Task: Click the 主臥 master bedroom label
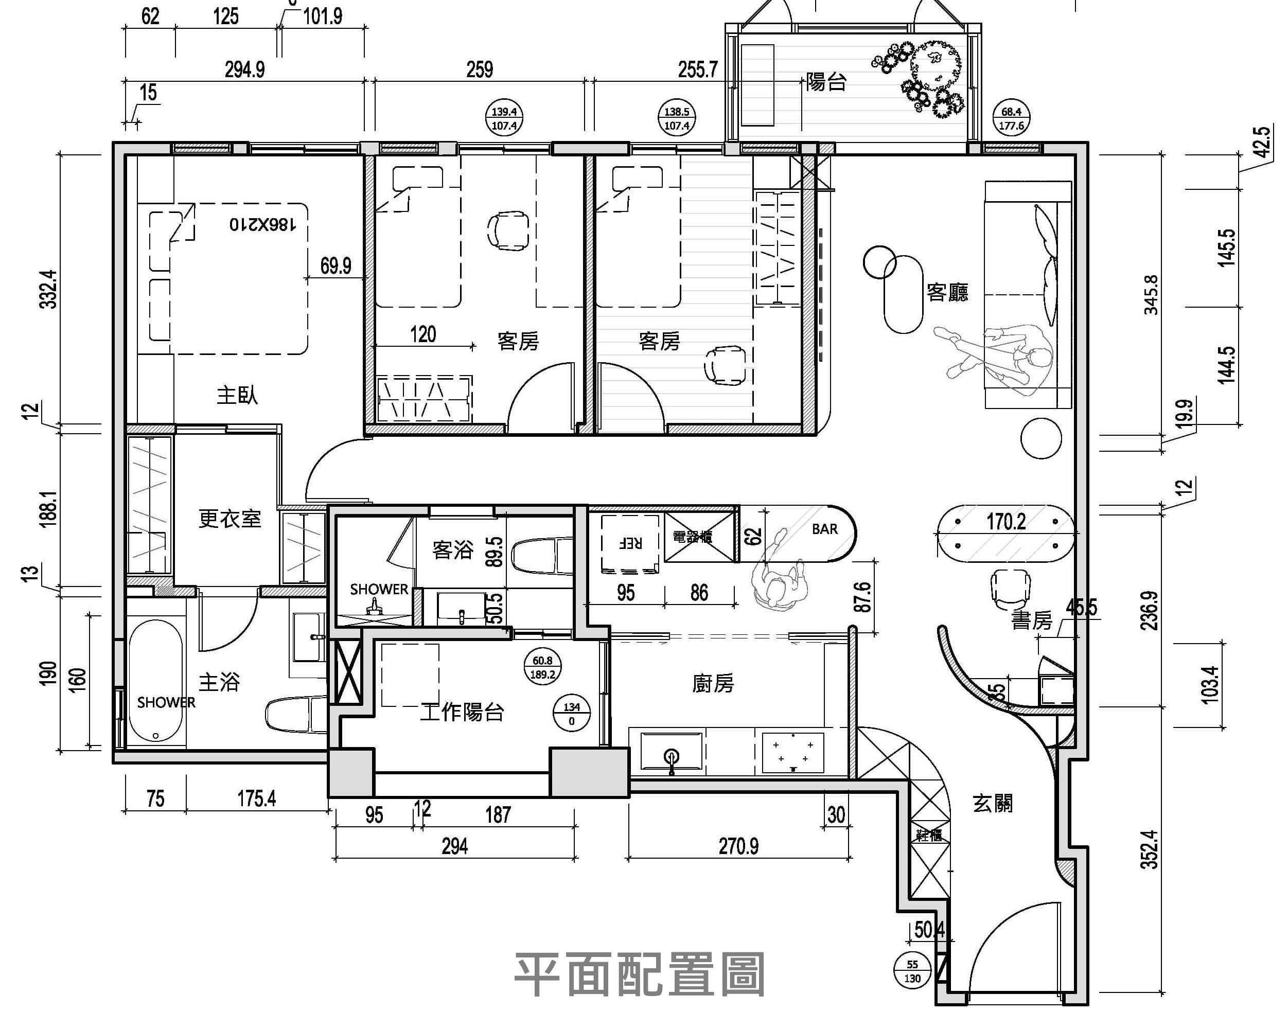point(237,395)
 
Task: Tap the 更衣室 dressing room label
point(230,519)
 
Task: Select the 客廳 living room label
point(947,292)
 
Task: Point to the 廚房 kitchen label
point(713,683)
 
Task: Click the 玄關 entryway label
point(992,804)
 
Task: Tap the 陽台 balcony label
point(826,82)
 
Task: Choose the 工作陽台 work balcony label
point(462,712)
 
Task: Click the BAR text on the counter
point(824,529)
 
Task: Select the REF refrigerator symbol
point(631,543)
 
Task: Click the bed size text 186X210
point(263,225)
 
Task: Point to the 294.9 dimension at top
point(245,70)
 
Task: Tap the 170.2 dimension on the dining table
point(1006,522)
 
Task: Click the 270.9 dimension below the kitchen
point(738,846)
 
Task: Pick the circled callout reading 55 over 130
point(912,971)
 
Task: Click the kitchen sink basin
point(672,752)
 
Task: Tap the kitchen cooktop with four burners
point(793,752)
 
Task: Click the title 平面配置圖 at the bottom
point(640,975)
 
